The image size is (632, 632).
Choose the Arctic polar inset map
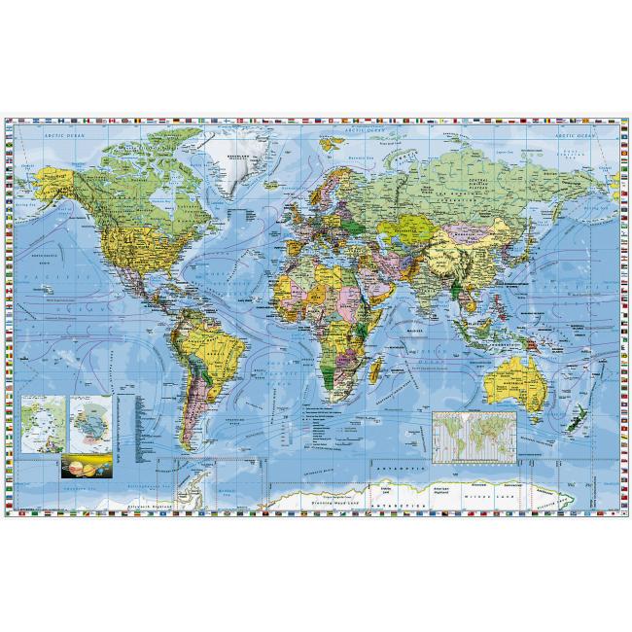point(42,421)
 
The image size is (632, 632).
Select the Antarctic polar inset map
point(89,421)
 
